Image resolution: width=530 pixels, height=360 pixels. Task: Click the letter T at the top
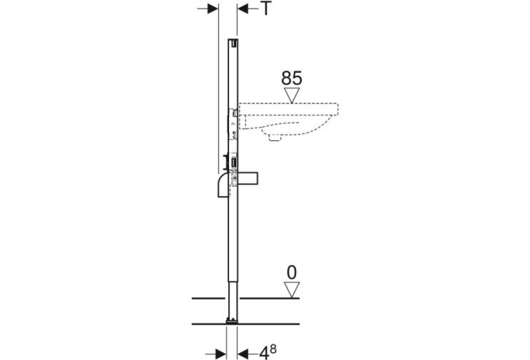click(266, 9)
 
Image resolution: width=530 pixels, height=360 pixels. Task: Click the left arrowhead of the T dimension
click(213, 9)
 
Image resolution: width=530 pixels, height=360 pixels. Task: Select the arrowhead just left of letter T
click(243, 9)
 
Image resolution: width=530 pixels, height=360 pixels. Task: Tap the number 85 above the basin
click(292, 78)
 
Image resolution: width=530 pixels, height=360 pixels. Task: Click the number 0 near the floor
click(292, 272)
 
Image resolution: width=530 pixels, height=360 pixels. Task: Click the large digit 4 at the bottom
click(265, 354)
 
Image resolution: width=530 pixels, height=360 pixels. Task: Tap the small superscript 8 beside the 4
click(273, 349)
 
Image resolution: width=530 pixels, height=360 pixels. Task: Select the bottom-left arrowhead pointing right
click(220, 354)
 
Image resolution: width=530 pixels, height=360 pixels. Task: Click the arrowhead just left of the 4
click(243, 354)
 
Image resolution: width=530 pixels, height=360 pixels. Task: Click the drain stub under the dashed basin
click(274, 137)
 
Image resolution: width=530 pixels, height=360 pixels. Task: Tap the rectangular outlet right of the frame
click(248, 179)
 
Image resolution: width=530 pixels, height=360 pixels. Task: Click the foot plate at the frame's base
click(233, 322)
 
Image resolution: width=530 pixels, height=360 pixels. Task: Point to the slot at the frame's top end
click(233, 43)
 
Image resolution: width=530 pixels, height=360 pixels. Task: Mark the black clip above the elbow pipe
click(225, 162)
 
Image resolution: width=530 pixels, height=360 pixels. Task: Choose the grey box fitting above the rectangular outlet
click(233, 161)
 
